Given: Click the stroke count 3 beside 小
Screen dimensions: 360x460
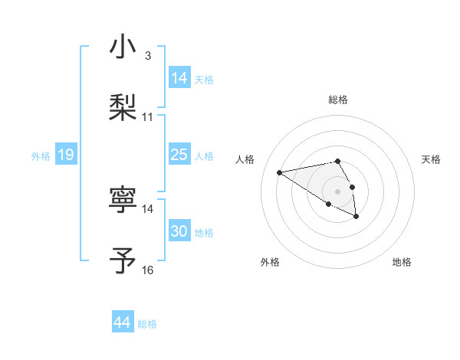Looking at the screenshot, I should point(147,56).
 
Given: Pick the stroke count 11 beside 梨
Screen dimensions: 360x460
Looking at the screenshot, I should point(148,117).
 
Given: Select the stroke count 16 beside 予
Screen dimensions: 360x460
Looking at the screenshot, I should point(148,270).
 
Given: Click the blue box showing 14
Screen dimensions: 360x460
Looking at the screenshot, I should point(179,78).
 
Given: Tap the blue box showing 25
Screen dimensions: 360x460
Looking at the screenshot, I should point(179,155).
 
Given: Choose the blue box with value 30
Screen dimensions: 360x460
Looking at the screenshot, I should point(179,231).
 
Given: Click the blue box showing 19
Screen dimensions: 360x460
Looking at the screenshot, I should point(66,155).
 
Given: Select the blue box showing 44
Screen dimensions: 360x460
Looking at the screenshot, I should point(123,323).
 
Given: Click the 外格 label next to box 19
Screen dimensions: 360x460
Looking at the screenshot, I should point(41,156).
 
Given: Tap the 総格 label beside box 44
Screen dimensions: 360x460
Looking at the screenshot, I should point(147,325).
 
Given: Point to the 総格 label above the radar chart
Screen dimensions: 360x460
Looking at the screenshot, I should point(337,100).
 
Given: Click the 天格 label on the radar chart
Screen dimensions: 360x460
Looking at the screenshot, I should point(431,159).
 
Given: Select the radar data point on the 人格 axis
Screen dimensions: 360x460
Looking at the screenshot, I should point(279,172).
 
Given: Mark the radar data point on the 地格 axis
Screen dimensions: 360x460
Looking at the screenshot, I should point(356,218).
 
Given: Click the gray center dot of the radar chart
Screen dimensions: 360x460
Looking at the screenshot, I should point(337,190).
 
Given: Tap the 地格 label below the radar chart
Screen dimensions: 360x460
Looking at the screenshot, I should point(402,262).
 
